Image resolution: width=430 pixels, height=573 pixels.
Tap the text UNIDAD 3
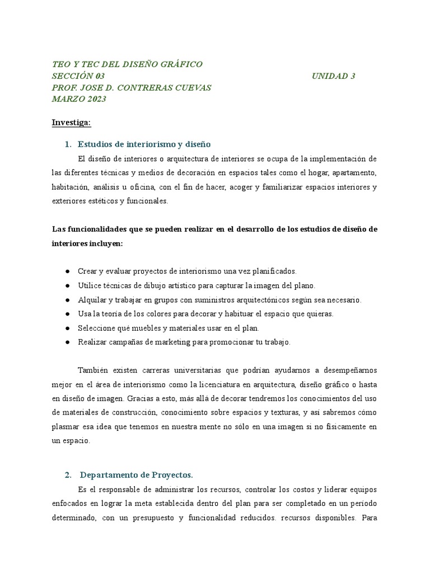tap(334, 76)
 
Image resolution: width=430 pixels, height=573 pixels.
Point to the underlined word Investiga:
tap(71, 123)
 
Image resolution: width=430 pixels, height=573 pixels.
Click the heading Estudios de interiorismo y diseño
tap(144, 144)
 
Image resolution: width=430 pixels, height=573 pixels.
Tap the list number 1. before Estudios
tap(68, 144)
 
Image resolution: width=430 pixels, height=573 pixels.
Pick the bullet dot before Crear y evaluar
tap(67, 271)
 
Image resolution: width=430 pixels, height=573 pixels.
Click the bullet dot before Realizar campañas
tap(67, 342)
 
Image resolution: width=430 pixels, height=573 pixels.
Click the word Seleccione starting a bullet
tap(97, 328)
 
